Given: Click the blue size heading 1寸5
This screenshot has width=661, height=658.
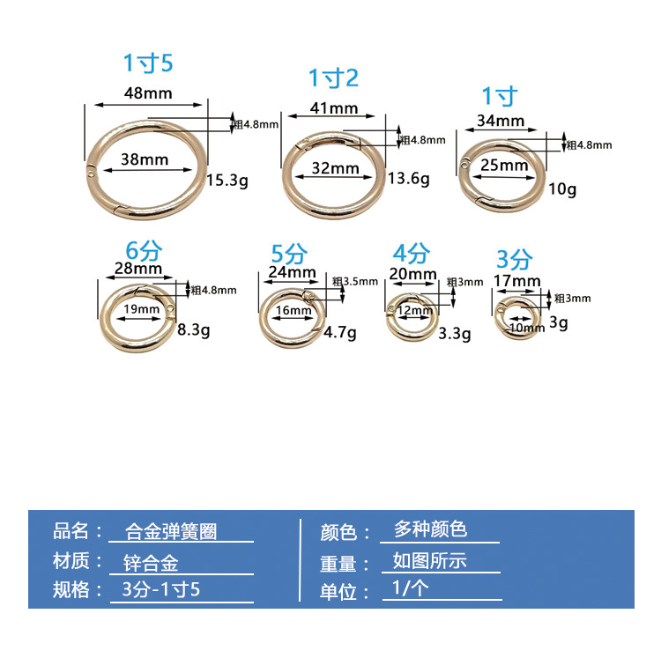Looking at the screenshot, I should click(148, 63).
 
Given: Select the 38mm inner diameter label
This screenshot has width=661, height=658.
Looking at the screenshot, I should click(144, 159).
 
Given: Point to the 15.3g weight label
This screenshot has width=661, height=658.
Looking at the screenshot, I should click(227, 181).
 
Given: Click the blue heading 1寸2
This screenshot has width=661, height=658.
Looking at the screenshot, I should click(333, 78).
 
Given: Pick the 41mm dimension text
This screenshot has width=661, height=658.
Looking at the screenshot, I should click(333, 108).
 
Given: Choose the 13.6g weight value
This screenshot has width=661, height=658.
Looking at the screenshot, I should click(408, 179).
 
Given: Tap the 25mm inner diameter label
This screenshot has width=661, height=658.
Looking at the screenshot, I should click(499, 165).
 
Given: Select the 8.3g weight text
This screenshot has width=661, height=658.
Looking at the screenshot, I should click(193, 329).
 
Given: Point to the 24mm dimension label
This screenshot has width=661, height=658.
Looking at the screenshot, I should click(286, 272).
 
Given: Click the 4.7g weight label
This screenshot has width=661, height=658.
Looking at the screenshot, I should click(340, 333).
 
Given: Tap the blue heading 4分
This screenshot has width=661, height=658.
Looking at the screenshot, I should click(411, 254).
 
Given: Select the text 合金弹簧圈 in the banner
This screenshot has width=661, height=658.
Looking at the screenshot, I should click(172, 531).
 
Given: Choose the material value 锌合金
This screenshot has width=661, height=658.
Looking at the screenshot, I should click(152, 562).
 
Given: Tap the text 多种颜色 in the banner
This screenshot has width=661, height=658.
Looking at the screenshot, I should click(430, 529).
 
